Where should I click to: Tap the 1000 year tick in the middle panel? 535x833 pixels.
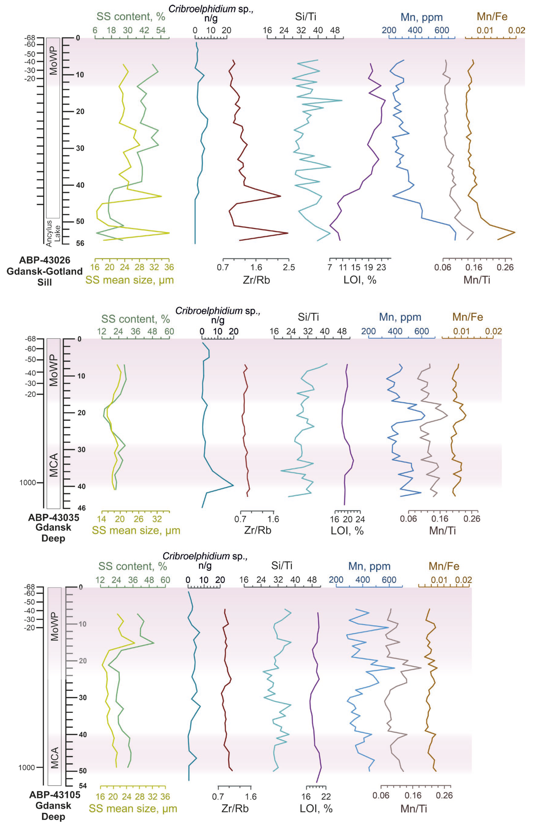click(x=27, y=482)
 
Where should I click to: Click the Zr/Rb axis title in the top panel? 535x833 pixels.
click(x=256, y=280)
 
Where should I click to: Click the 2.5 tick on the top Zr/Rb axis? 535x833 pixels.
click(x=289, y=267)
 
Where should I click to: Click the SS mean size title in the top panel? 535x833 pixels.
click(x=130, y=280)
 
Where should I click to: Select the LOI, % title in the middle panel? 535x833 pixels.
click(x=347, y=531)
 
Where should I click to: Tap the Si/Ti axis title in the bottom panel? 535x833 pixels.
click(x=282, y=566)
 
